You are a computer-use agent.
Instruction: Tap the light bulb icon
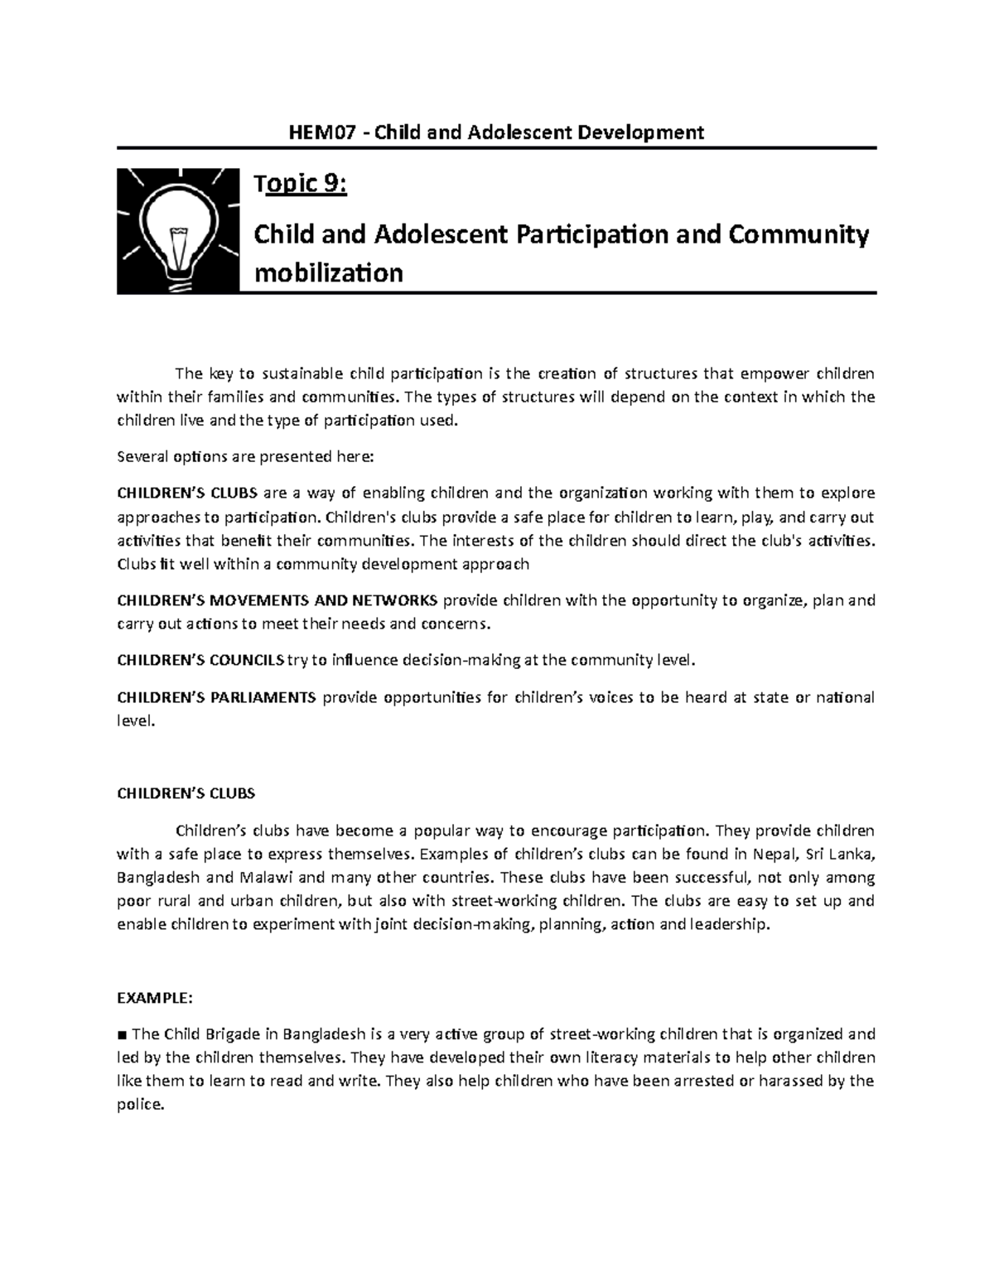(x=177, y=230)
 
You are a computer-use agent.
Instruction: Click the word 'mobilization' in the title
(x=328, y=272)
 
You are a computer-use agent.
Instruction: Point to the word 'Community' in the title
(x=799, y=235)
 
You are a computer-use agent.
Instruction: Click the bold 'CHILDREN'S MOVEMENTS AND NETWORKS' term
(x=277, y=600)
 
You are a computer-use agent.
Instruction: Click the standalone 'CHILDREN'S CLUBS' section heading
(x=186, y=792)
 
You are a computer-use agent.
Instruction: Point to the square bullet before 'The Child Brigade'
(x=122, y=1034)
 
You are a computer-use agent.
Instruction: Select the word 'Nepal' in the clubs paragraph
(x=773, y=854)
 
